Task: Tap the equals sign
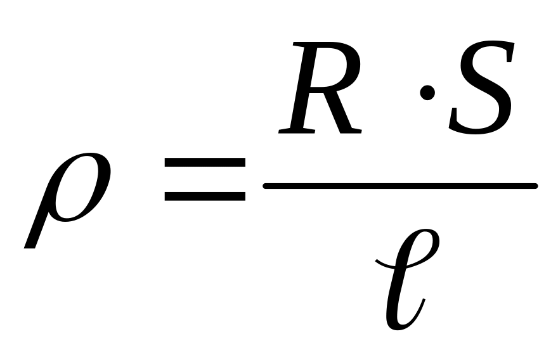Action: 204,180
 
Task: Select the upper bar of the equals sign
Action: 204,163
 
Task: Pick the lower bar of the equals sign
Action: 204,196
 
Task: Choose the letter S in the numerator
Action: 481,89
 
